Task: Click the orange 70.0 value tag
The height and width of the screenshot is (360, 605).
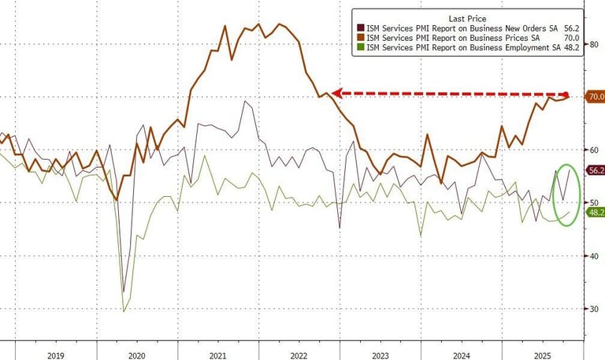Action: [x=595, y=97]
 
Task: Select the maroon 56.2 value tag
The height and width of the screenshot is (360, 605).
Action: [x=595, y=170]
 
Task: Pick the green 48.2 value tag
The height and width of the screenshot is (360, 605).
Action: [x=595, y=212]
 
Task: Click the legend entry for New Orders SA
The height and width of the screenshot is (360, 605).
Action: [x=469, y=28]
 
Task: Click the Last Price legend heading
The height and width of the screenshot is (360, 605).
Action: [x=466, y=17]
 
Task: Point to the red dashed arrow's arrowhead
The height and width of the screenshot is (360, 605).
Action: [x=336, y=93]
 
